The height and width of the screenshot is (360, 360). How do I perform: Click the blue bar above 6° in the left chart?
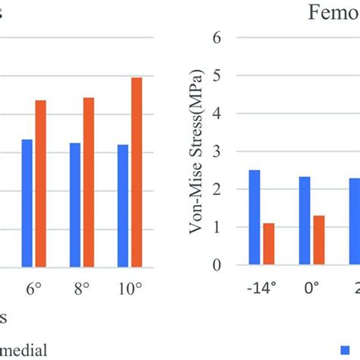(x=27, y=203)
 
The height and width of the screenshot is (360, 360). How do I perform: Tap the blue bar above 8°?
(x=74, y=204)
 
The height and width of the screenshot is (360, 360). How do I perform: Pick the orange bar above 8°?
(x=88, y=182)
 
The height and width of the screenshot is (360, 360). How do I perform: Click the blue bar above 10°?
(x=123, y=205)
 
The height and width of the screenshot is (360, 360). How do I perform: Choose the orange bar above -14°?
(x=268, y=244)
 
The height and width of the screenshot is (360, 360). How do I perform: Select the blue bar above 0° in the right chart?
(x=304, y=220)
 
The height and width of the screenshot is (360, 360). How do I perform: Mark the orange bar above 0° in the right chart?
(x=318, y=240)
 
